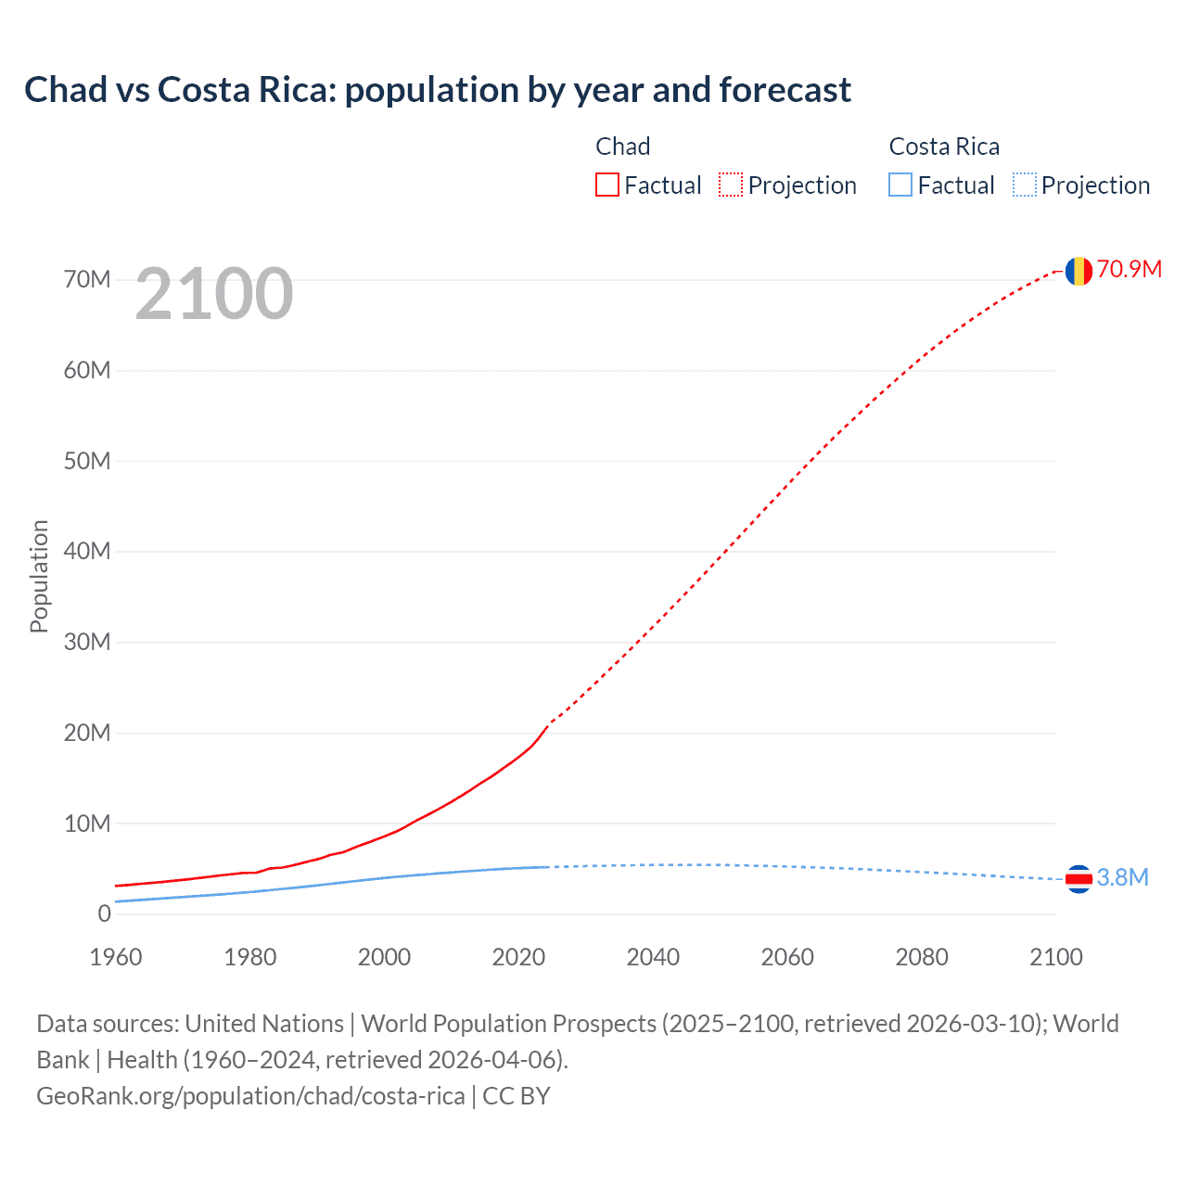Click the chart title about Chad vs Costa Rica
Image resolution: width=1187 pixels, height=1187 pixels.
[x=437, y=90]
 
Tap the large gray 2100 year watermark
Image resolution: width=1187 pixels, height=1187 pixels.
[x=214, y=294]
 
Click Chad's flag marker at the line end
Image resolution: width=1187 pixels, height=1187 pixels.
[x=1078, y=271]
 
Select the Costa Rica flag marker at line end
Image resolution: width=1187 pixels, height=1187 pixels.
[x=1078, y=878]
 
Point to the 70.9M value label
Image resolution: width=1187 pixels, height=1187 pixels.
[x=1129, y=270]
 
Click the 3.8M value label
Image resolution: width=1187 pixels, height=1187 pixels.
[x=1122, y=878]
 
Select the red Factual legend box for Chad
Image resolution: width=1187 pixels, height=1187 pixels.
[x=607, y=185]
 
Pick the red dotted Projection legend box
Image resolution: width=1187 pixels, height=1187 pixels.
[x=731, y=185]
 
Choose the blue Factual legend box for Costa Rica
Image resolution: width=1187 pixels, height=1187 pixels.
[x=900, y=185]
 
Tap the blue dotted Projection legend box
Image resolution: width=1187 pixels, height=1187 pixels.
[x=1024, y=185]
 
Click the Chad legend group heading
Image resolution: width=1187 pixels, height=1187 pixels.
[x=622, y=147]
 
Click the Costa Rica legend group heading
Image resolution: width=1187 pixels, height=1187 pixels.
[x=944, y=147]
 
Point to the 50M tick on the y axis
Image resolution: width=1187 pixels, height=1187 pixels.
[x=87, y=462]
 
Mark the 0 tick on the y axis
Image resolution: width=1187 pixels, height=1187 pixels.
[x=104, y=914]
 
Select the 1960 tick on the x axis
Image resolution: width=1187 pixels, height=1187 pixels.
[x=116, y=957]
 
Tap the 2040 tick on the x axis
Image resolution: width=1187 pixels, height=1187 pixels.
[x=653, y=957]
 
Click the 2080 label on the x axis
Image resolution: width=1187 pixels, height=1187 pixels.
[x=922, y=957]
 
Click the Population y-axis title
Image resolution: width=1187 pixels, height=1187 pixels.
[x=39, y=576]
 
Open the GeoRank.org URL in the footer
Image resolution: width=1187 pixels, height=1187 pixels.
[x=250, y=1096]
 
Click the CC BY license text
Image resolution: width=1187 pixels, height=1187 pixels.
[x=517, y=1096]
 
